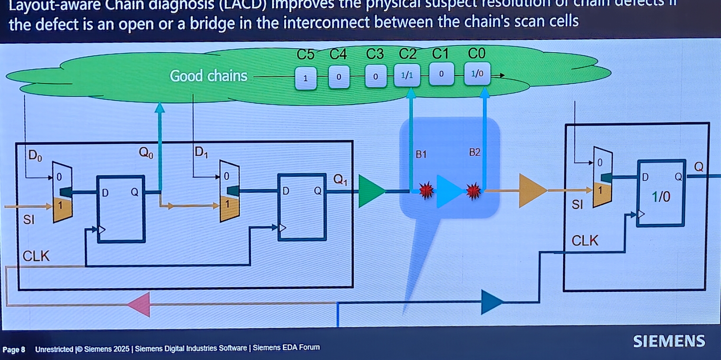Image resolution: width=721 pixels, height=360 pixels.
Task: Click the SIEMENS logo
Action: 669,341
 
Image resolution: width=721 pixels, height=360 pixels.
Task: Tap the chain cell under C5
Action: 305,78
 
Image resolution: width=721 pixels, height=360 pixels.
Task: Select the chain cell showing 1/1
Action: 407,75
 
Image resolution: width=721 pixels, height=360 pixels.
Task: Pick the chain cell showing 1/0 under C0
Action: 477,74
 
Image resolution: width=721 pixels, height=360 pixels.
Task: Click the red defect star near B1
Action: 426,191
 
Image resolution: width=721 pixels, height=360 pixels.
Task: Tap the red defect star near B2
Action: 473,191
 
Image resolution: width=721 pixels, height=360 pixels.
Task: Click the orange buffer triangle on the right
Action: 531,191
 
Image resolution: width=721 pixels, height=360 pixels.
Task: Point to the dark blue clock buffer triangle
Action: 491,302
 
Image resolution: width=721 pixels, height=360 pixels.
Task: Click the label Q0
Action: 146,153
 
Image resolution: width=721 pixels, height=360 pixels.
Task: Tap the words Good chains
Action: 209,76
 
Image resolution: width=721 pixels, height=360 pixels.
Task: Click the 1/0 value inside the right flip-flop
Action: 661,197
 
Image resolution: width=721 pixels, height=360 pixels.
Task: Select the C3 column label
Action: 375,53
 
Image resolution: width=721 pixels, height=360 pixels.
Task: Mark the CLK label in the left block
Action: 36,256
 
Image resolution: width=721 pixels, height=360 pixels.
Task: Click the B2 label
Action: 474,152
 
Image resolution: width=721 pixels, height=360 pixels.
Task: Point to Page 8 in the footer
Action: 14,350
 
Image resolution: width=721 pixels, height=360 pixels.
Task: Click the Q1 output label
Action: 340,180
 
